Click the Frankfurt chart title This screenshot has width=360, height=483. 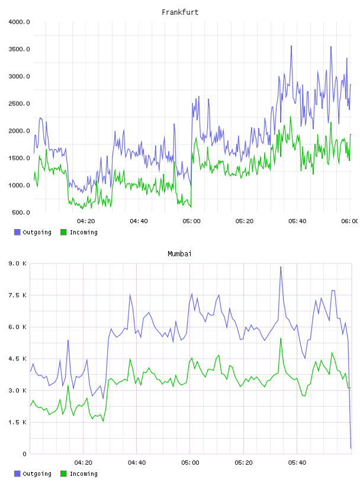(x=180, y=12)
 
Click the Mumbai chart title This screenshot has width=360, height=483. (x=179, y=253)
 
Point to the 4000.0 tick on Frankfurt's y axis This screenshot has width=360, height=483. (x=19, y=22)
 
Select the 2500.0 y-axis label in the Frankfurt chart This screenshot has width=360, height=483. (x=19, y=104)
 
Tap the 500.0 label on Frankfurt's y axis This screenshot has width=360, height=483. (x=21, y=212)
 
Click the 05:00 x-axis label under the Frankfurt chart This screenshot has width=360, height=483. (x=191, y=221)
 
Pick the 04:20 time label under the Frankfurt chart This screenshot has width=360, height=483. (x=86, y=221)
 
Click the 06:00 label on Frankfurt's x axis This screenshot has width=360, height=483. (x=349, y=221)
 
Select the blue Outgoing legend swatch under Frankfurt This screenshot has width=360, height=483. (x=17, y=232)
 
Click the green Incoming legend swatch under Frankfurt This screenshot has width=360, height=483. (x=63, y=232)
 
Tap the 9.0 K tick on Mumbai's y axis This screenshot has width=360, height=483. (x=18, y=263)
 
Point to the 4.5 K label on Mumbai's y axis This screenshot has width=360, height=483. (x=18, y=359)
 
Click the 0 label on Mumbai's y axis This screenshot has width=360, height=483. (x=25, y=454)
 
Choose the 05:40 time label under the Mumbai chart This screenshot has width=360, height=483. (x=297, y=463)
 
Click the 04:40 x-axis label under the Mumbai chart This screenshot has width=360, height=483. (x=137, y=463)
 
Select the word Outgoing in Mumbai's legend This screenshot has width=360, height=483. (x=37, y=474)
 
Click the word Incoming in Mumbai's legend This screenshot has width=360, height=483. (x=83, y=474)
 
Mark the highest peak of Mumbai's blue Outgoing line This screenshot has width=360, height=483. (x=281, y=267)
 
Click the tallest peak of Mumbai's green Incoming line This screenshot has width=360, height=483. (x=281, y=339)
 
